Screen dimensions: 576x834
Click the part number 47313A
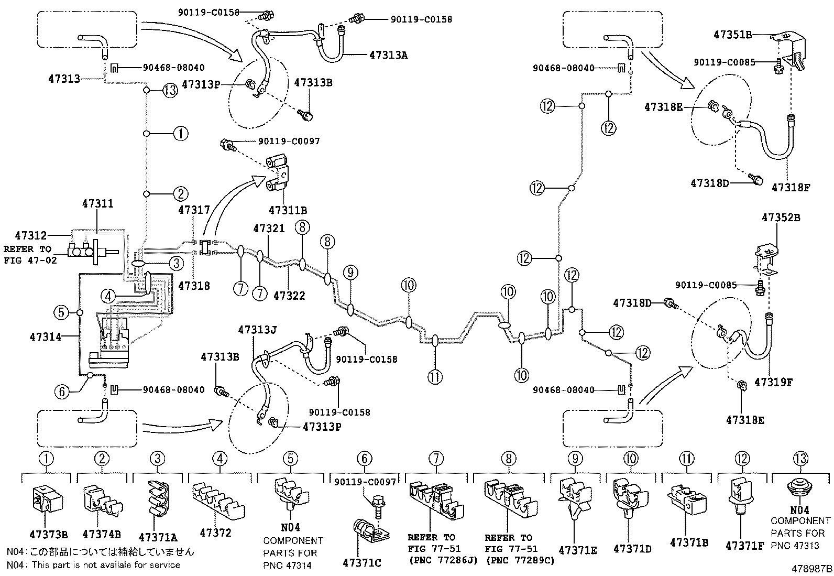(388, 54)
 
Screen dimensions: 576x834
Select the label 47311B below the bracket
(288, 210)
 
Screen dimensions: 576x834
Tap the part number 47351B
(732, 35)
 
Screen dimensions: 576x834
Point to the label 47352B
(781, 218)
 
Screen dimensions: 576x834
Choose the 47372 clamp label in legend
(215, 533)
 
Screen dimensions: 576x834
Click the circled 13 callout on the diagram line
(170, 90)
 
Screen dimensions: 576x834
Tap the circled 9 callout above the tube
(350, 272)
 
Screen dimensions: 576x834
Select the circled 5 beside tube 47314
(61, 313)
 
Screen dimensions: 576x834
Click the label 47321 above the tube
(269, 229)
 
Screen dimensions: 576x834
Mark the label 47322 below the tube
(289, 296)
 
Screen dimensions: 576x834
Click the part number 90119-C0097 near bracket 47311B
(288, 142)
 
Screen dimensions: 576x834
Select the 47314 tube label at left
(45, 336)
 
